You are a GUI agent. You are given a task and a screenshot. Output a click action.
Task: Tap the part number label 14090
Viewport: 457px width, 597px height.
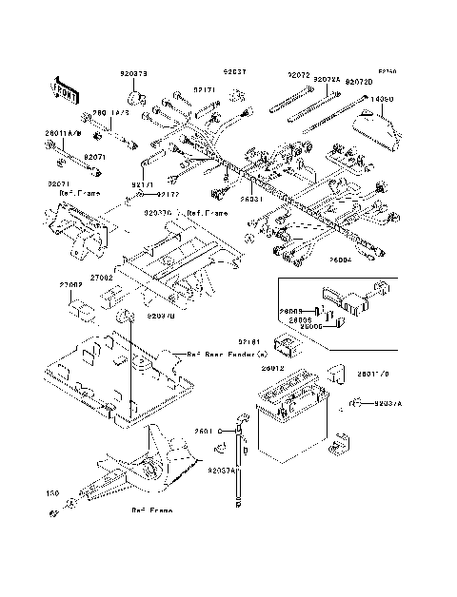(x=382, y=98)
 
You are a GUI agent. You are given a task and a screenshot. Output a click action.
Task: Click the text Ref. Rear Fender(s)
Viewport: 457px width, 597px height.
(x=222, y=353)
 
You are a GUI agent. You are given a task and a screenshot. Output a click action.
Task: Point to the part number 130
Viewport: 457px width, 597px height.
(x=52, y=494)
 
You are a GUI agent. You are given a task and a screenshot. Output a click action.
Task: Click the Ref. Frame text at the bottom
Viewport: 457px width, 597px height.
(x=151, y=511)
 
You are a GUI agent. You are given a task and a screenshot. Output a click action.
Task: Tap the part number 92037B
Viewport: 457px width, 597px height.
(x=159, y=316)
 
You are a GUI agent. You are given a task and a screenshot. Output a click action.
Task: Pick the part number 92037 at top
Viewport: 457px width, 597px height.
(x=234, y=71)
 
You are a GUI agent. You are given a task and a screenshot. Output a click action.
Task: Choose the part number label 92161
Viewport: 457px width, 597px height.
(x=250, y=339)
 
